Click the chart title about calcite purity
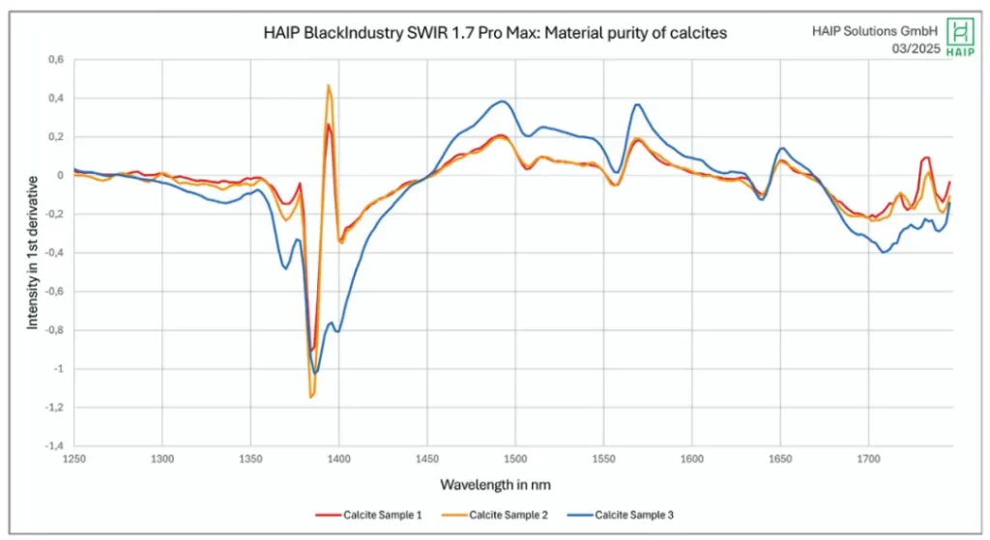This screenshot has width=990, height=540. click(x=495, y=33)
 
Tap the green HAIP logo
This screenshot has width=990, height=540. click(x=959, y=37)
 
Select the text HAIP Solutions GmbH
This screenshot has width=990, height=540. click(x=875, y=30)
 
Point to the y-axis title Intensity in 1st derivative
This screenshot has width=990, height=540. click(x=33, y=252)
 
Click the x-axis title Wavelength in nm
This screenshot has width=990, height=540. click(x=496, y=483)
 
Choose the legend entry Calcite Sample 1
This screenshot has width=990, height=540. click(x=369, y=515)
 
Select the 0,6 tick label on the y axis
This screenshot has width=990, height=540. click(x=55, y=60)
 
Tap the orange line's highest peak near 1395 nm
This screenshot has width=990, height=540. click(x=329, y=86)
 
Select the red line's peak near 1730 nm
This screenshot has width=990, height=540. click(x=926, y=157)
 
